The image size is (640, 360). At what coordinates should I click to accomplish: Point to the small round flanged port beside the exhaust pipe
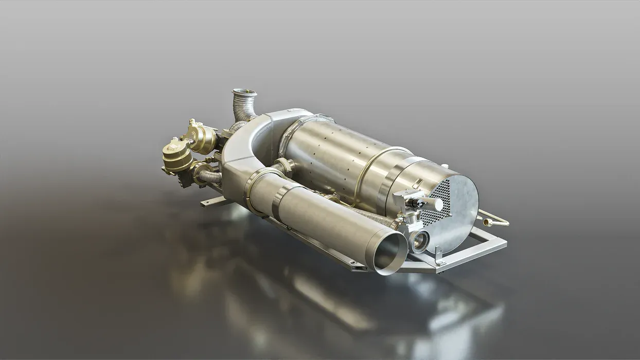click(x=419, y=240)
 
